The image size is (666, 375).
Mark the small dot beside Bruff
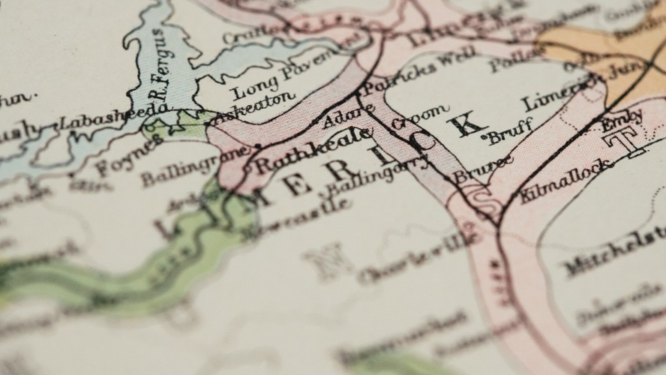click(491, 139)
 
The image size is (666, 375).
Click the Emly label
click(622, 120)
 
